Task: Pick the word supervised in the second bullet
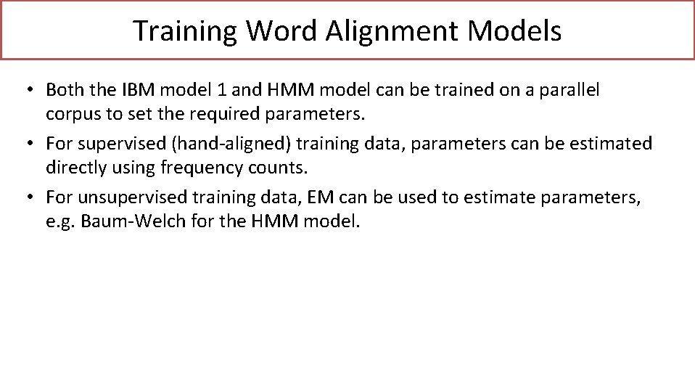[112, 144]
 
